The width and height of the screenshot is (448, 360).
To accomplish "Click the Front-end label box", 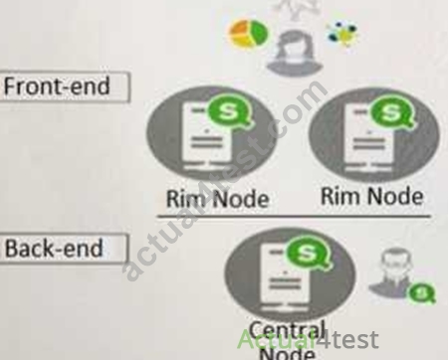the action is click(x=64, y=87).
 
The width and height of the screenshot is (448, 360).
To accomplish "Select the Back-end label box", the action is click(x=63, y=249).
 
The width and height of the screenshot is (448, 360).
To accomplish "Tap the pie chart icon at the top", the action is click(x=249, y=34).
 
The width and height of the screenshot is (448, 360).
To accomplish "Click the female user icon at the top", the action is click(x=294, y=52).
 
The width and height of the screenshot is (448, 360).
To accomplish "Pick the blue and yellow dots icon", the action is click(x=342, y=34).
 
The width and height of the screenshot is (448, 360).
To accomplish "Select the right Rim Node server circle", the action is click(x=374, y=135).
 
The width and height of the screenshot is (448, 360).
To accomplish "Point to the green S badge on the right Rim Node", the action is click(x=392, y=112).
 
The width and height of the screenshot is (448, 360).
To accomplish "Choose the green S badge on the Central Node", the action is click(x=308, y=253).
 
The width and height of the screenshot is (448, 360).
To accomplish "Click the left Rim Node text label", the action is click(x=217, y=199).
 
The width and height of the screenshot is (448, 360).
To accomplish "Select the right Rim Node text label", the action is click(x=372, y=197).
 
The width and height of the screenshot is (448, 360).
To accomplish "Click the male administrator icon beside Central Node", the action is click(x=393, y=273).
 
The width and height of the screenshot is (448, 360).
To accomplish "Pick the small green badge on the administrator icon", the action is click(x=421, y=293).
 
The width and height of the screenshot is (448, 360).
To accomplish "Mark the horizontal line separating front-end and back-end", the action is click(x=294, y=216).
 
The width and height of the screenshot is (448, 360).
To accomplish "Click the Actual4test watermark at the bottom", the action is click(x=308, y=339).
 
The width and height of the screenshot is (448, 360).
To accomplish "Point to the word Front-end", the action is click(x=57, y=87).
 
